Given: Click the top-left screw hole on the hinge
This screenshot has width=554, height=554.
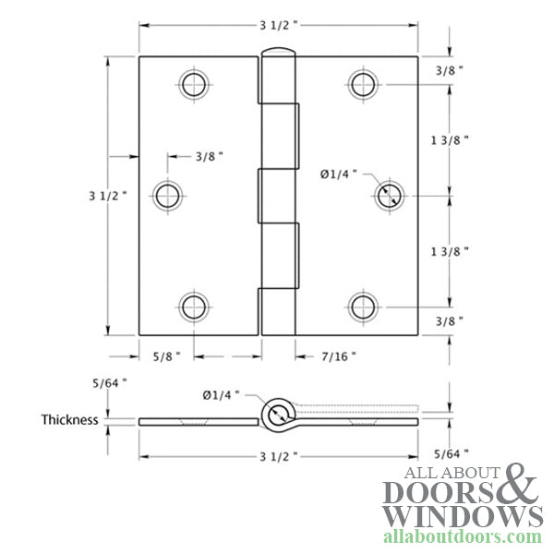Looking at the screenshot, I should (192, 85).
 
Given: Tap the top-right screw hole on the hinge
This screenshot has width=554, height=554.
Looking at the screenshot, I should (362, 85).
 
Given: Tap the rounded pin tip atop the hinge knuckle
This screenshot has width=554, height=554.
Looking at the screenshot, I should (278, 53).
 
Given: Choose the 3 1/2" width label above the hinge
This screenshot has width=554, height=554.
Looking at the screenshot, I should (279, 25).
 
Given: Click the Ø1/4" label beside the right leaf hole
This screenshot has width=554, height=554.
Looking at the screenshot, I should (339, 174).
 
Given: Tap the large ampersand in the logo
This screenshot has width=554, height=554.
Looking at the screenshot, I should (520, 485).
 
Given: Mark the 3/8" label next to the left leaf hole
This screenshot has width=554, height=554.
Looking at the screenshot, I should (210, 157).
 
